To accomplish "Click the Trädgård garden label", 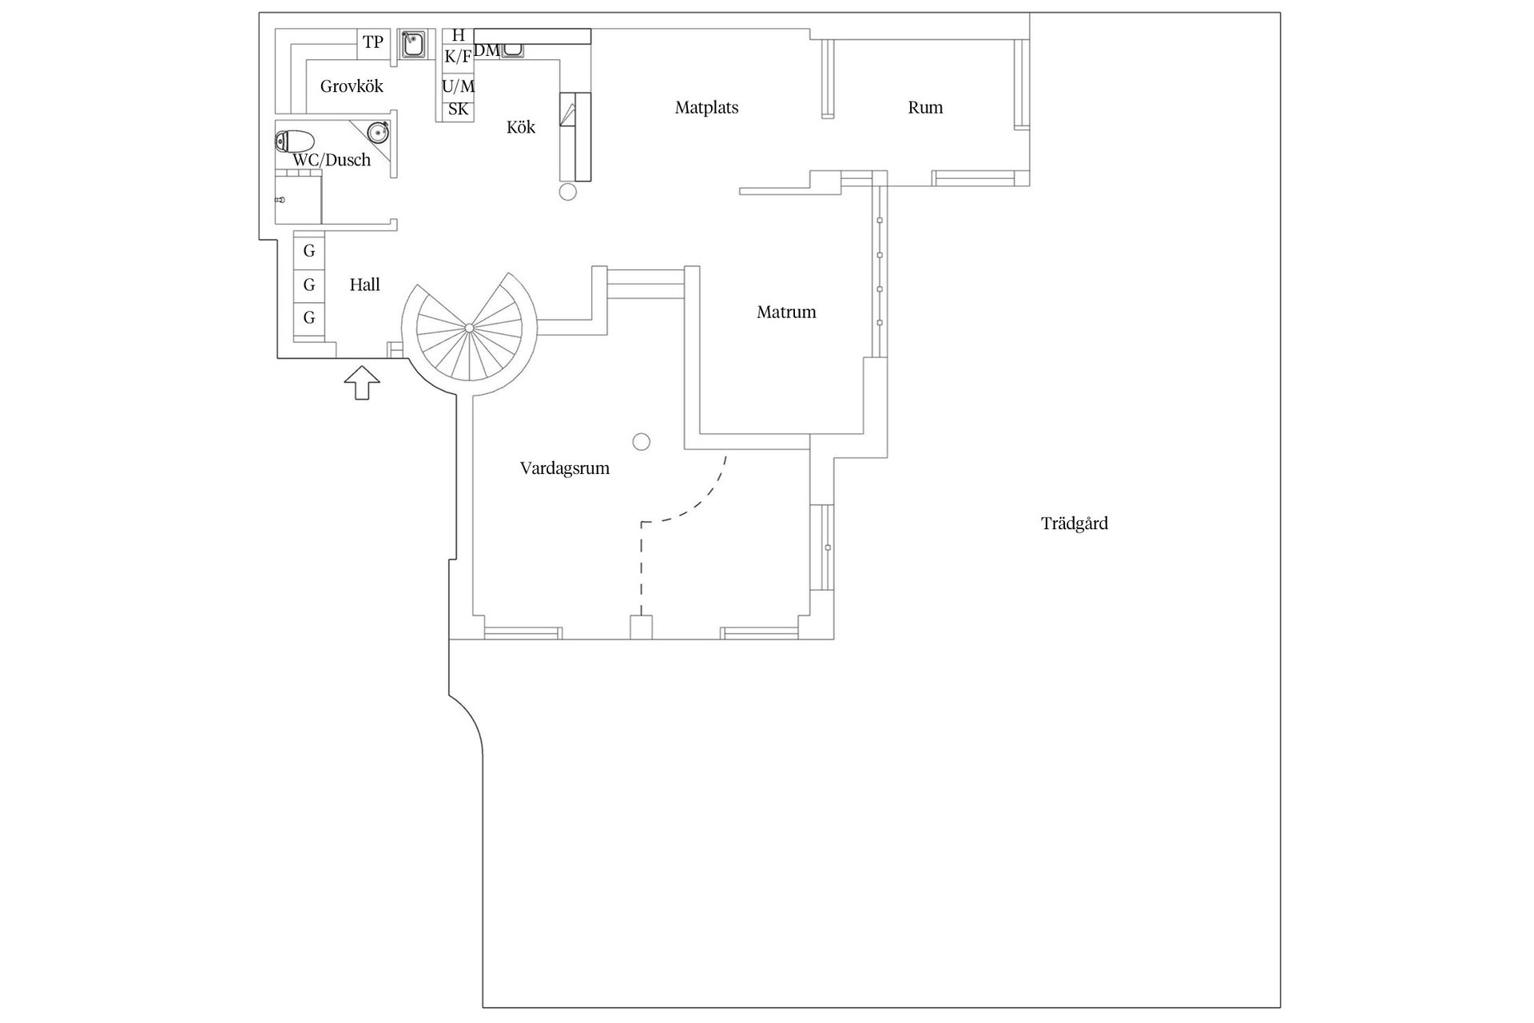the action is coord(1074,524).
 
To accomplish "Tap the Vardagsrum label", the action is coord(565,469).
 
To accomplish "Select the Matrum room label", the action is coord(786,312).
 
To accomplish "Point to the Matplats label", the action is coord(706,108).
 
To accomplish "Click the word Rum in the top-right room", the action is coord(925,108).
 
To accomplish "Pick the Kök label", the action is coord(521,127).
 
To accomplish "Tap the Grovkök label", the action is coord(352,86).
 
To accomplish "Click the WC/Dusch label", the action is coord(332,160).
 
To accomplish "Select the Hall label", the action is coord(364,285).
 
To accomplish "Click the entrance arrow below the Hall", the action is coord(362,383).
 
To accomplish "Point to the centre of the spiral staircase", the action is coord(469,328).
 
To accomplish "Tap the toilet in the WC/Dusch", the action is coord(294,142).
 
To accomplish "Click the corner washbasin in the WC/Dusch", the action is coord(379,131).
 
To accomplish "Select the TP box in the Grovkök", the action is coord(373,43).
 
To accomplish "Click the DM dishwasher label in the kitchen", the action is coord(487,50).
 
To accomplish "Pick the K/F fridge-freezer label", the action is coord(458,57).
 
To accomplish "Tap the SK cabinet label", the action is coord(458,109).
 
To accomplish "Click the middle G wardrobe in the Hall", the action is coord(309,285).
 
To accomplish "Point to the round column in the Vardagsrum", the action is coord(641,441).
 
